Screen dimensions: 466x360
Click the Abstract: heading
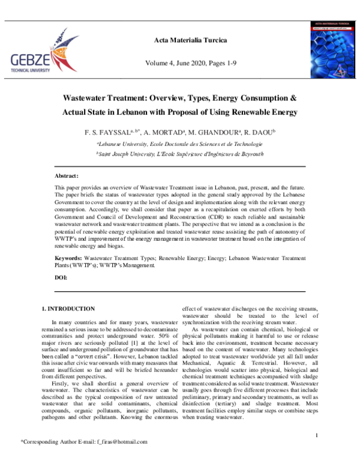tap(67, 176)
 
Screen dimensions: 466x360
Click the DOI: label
tap(61, 277)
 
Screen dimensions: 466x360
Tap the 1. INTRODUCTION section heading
tap(68, 309)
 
